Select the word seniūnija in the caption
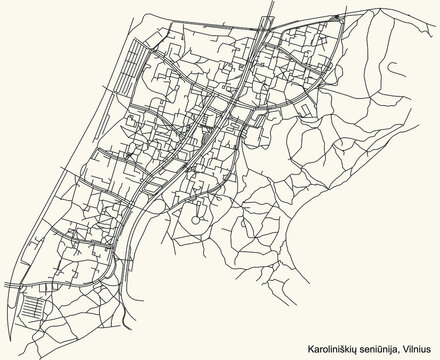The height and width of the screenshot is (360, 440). tap(372, 345)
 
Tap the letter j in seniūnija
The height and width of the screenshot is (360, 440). tap(388, 346)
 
